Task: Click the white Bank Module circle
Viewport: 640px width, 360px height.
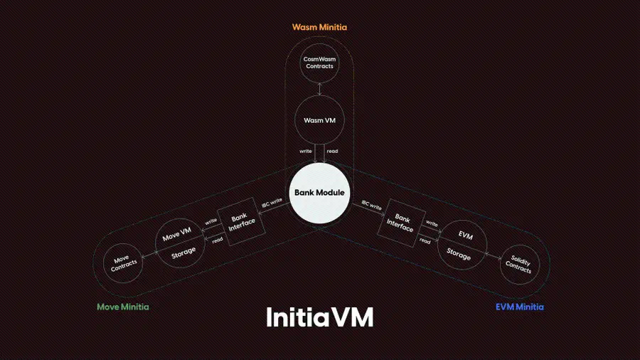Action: point(319,193)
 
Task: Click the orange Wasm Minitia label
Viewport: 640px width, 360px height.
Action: point(319,27)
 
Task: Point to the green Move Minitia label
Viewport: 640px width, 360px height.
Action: point(123,307)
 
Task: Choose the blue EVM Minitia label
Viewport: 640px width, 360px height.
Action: point(520,307)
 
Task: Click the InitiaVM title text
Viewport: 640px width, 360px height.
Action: point(319,317)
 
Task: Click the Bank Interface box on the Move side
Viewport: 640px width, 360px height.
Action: point(241,222)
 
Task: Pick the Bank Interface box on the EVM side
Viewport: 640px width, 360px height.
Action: point(401,223)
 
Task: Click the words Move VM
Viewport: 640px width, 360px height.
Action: point(177,234)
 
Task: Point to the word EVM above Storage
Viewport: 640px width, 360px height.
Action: point(466,235)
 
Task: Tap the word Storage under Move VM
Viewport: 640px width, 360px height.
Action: point(183,253)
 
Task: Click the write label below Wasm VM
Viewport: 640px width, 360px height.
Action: point(306,151)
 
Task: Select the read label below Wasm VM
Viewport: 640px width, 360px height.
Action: point(332,151)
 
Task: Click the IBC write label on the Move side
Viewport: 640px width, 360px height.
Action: point(272,203)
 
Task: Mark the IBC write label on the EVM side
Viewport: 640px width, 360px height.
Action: point(371,205)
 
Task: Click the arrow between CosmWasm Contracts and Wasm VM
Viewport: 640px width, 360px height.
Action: point(319,89)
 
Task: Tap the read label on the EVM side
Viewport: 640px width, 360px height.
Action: point(425,241)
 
